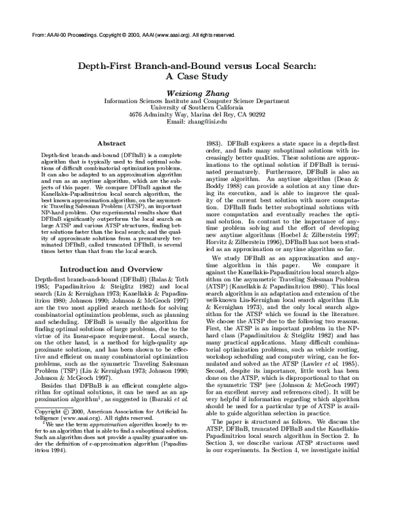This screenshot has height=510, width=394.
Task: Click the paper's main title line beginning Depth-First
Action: (x=197, y=66)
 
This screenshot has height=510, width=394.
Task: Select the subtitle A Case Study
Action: (x=197, y=77)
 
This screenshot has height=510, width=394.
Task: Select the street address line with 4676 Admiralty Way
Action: (x=197, y=114)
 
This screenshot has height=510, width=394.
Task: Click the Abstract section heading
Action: (x=111, y=143)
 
